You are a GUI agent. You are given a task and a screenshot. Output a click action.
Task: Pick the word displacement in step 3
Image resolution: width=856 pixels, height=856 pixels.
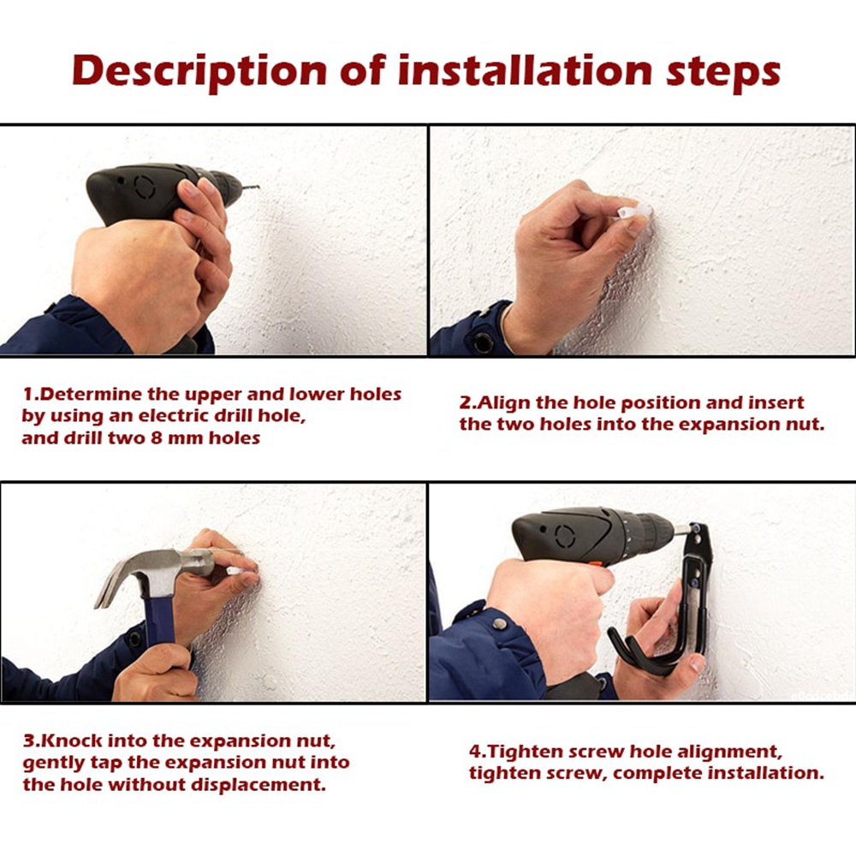[261, 784]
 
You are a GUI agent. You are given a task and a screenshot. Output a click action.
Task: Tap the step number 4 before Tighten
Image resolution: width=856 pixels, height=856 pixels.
[474, 752]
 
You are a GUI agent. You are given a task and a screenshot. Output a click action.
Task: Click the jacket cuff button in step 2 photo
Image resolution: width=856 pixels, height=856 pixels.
[484, 342]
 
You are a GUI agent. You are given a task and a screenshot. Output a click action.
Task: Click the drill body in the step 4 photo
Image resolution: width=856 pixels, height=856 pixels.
[591, 535]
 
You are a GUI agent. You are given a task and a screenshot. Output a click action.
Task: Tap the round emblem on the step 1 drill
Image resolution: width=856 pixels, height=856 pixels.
[135, 185]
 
